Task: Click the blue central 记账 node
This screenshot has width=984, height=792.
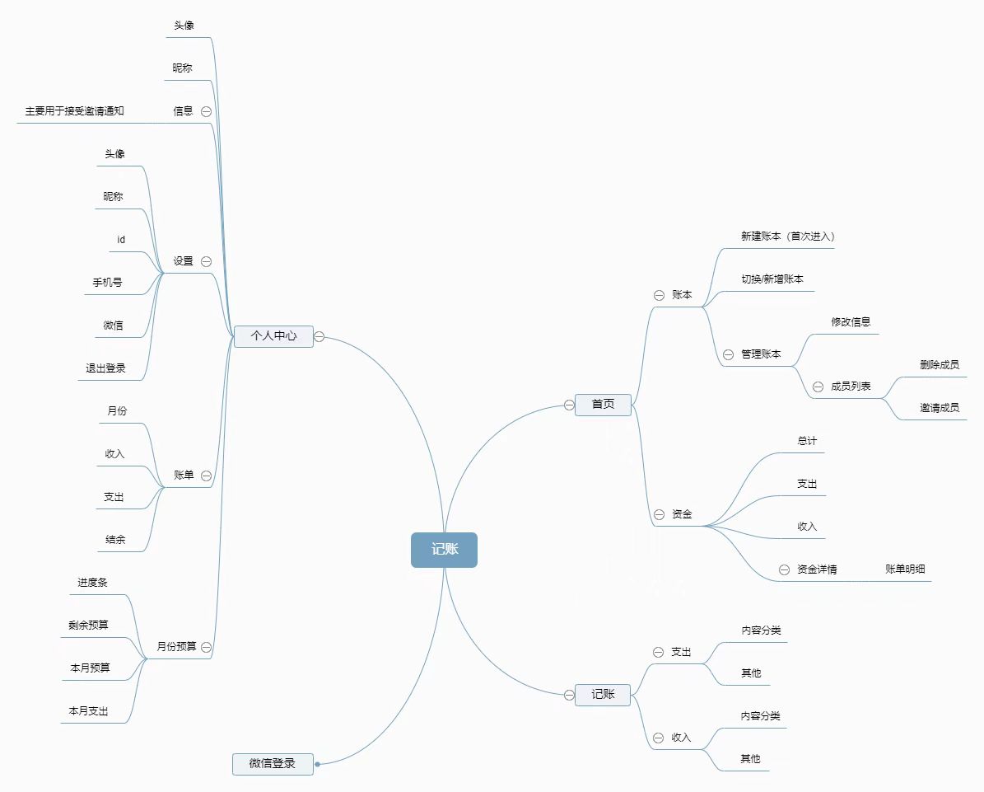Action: pyautogui.click(x=444, y=550)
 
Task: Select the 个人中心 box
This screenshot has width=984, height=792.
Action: pyautogui.click(x=273, y=336)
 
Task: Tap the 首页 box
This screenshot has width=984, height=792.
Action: pyautogui.click(x=603, y=404)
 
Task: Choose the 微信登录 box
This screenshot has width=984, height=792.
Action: pyautogui.click(x=273, y=764)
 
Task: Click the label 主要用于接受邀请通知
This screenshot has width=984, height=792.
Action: pyautogui.click(x=74, y=110)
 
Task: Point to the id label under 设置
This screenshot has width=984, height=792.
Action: pyautogui.click(x=121, y=240)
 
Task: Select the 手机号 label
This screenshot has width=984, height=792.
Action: pyautogui.click(x=107, y=283)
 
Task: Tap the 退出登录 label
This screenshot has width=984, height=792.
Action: pyautogui.click(x=106, y=368)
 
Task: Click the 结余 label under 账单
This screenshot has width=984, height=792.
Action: pyautogui.click(x=115, y=540)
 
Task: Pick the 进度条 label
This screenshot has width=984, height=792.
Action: pyautogui.click(x=92, y=583)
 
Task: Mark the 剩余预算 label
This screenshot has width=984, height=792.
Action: pyautogui.click(x=88, y=625)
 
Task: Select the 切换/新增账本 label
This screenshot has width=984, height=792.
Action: pyautogui.click(x=772, y=279)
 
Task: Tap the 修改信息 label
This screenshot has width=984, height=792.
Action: pyautogui.click(x=851, y=322)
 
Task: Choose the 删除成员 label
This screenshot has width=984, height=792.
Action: pyautogui.click(x=940, y=365)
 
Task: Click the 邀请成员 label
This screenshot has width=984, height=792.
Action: pyautogui.click(x=940, y=407)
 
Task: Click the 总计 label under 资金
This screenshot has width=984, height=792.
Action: pyautogui.click(x=807, y=441)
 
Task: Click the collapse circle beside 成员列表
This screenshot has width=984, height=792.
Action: pyautogui.click(x=818, y=387)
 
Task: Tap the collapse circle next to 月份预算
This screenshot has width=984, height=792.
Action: pyautogui.click(x=206, y=648)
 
